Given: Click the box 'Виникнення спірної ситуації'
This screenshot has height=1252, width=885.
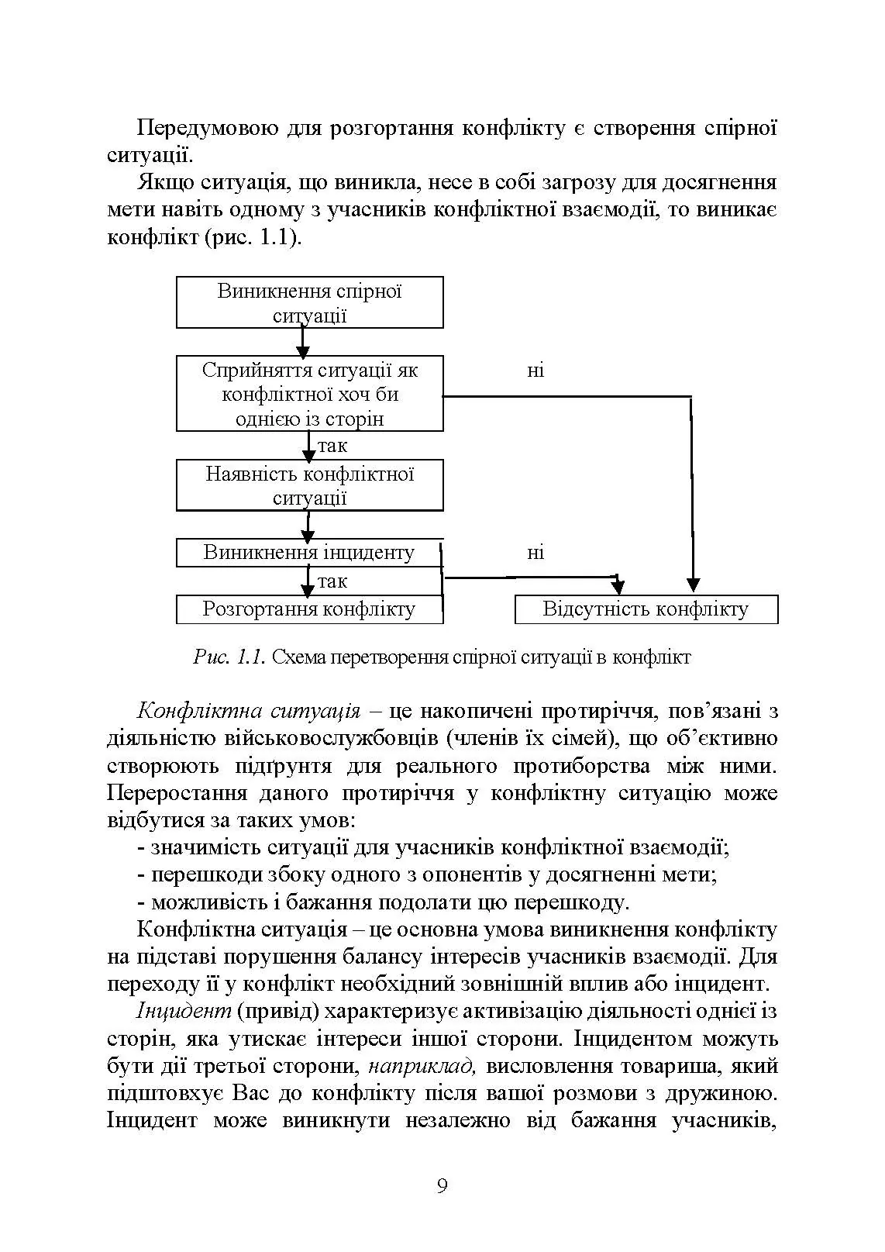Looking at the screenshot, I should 309,302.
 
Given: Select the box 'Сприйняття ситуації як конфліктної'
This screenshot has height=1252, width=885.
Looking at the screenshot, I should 309,394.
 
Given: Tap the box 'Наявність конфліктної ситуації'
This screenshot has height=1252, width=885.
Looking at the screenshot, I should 309,485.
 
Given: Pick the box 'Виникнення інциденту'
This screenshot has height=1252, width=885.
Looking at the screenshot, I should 309,553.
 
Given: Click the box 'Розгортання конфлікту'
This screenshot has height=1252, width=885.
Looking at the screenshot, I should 309,609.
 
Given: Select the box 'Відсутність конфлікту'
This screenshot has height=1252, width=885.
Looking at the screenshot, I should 646,609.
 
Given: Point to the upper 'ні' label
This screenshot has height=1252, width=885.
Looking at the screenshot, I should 535,371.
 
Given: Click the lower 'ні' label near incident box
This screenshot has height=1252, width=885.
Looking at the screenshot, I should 535,553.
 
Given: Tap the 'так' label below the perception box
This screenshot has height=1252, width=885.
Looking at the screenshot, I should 332,446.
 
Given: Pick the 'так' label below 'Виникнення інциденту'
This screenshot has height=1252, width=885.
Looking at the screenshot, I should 332,581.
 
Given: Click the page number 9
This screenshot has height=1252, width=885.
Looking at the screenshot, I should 442,1186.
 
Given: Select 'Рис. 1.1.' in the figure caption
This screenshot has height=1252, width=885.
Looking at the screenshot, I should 229,658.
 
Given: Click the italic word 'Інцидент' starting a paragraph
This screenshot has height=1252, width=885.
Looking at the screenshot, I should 184,1012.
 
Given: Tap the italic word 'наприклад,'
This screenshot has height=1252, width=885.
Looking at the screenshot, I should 422,1066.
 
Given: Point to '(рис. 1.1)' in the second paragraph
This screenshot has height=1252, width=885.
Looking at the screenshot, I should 253,237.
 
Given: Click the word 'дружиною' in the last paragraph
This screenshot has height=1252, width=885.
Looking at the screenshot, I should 729,1094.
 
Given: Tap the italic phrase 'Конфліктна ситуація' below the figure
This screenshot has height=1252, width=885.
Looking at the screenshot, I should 248,711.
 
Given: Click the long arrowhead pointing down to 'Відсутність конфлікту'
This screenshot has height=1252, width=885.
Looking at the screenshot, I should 693,584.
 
